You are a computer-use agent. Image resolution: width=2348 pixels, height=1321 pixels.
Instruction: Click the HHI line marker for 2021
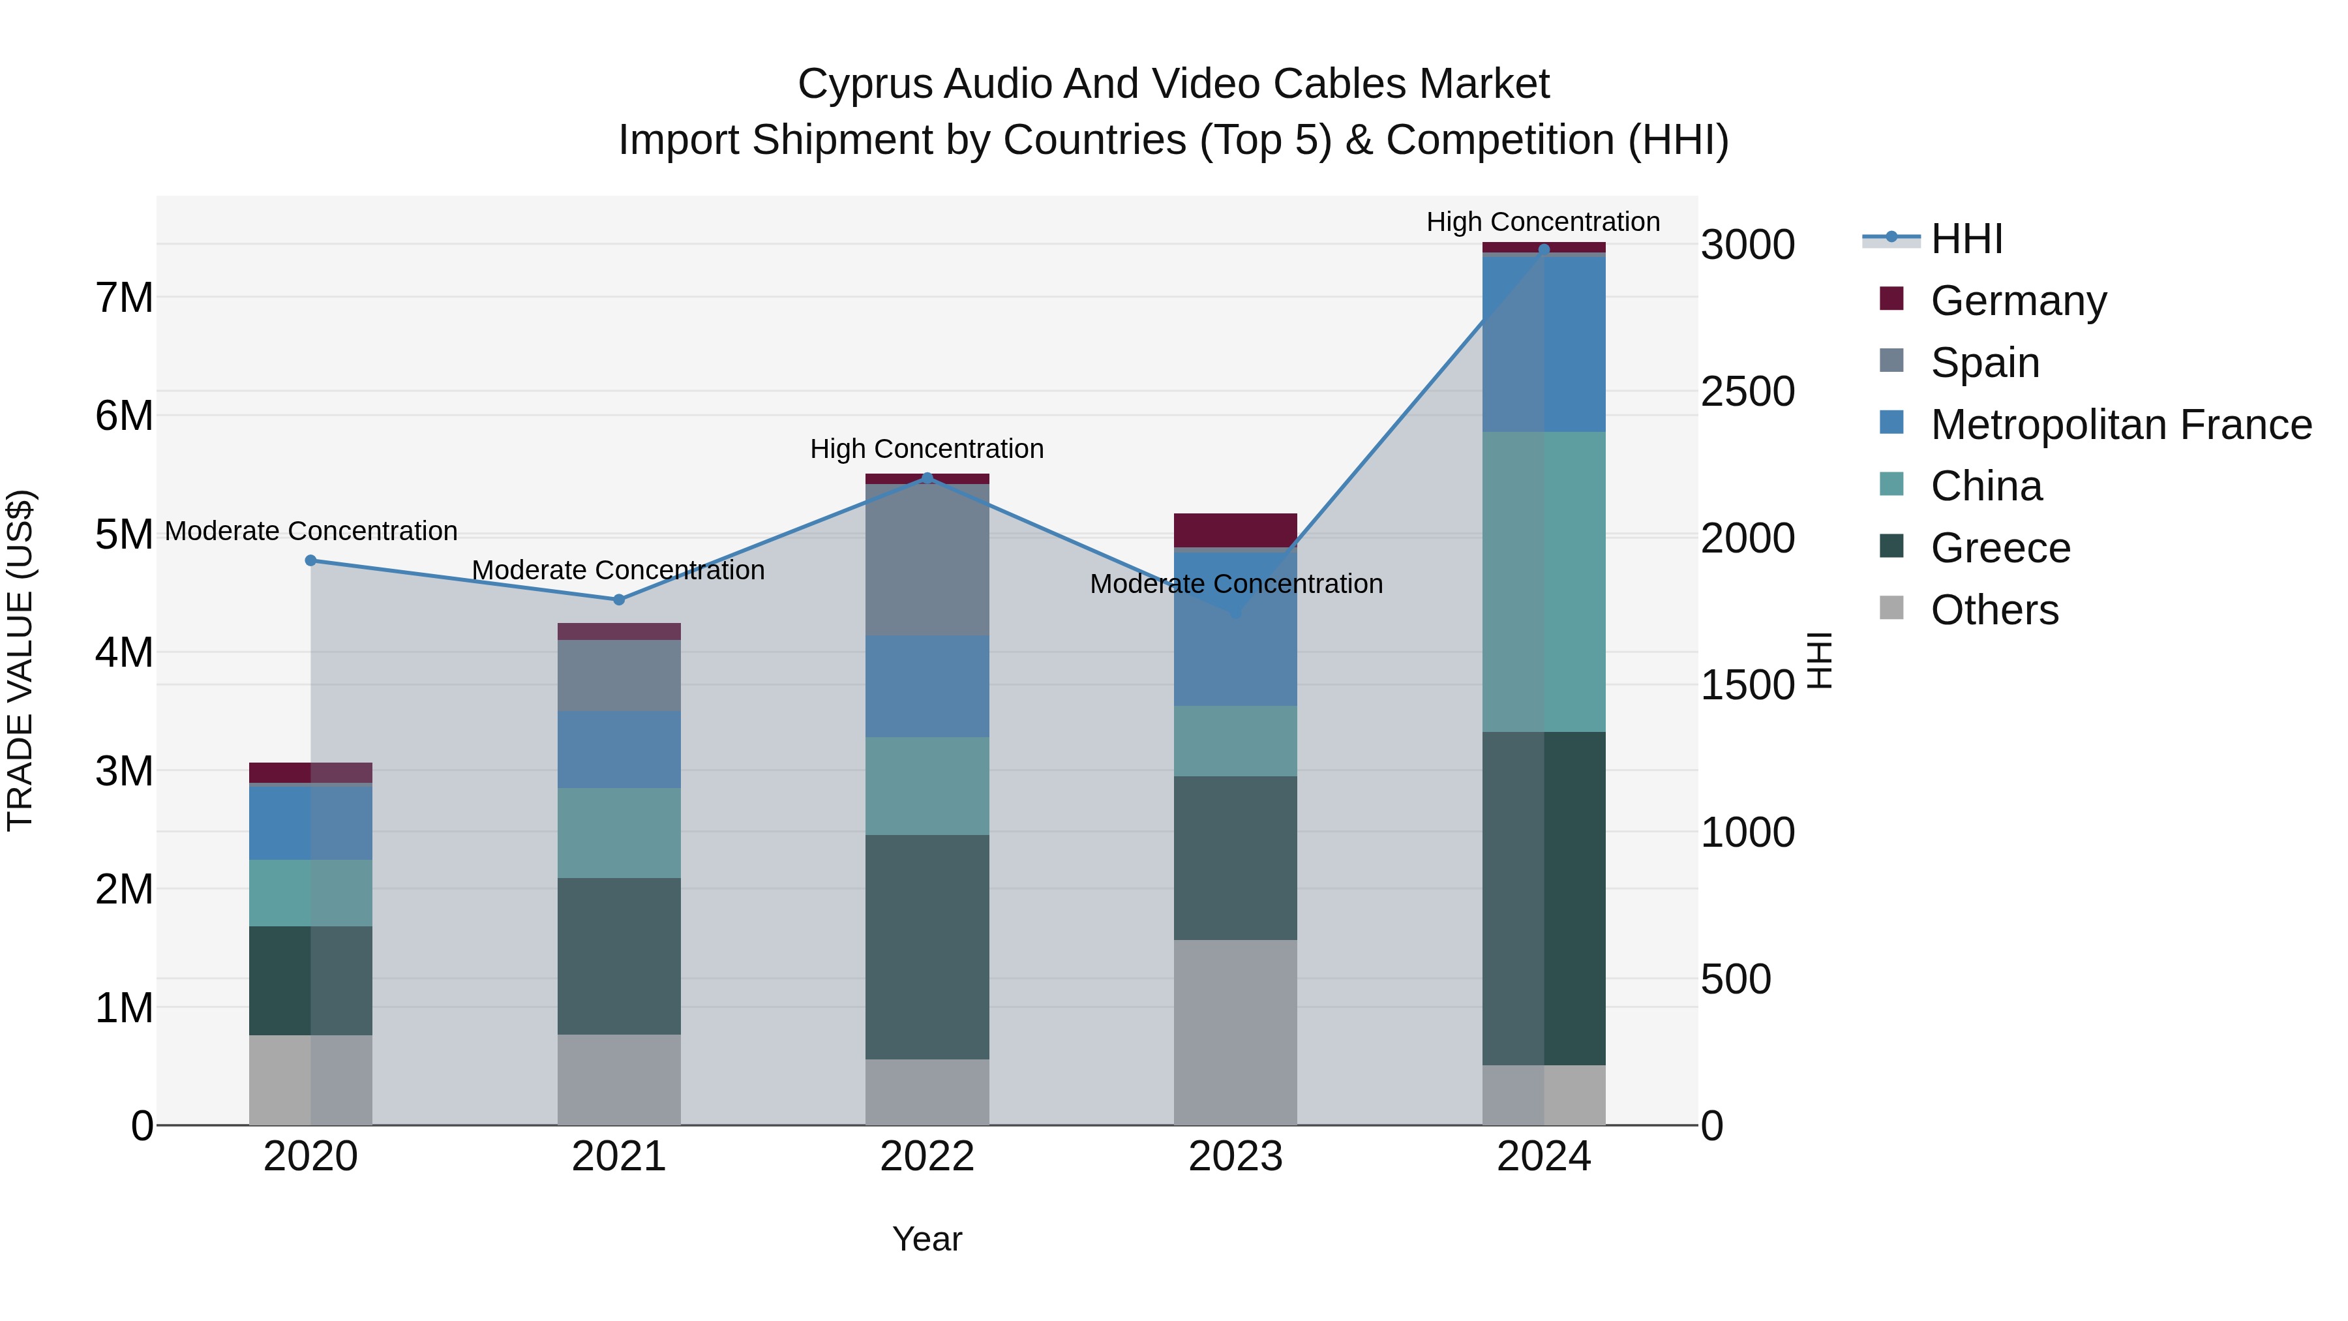pyautogui.click(x=619, y=600)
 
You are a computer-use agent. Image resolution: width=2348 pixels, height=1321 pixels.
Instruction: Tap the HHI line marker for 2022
pyautogui.click(x=927, y=478)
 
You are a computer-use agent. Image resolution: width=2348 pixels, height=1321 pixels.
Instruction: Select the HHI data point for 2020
pyautogui.click(x=311, y=560)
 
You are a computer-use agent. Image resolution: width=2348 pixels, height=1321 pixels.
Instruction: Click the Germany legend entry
pyautogui.click(x=2017, y=300)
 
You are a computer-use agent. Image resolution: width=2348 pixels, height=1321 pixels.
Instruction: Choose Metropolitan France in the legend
pyautogui.click(x=2120, y=424)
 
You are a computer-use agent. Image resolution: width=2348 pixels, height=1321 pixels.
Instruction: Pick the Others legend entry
pyautogui.click(x=1993, y=609)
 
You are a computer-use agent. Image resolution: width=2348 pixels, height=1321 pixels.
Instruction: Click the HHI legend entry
pyautogui.click(x=1965, y=239)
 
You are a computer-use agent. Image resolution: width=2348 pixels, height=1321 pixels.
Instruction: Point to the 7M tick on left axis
pyautogui.click(x=125, y=298)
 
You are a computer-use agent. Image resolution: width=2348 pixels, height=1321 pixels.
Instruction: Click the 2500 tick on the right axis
pyautogui.click(x=1747, y=392)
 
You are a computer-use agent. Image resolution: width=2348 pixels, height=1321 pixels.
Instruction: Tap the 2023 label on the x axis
pyautogui.click(x=1235, y=1157)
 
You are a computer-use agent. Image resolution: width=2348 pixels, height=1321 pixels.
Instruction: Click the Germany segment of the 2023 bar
pyautogui.click(x=1235, y=530)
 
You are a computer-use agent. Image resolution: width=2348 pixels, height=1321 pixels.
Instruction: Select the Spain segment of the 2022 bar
pyautogui.click(x=927, y=560)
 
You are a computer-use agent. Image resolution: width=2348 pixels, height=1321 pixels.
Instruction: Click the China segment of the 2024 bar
pyautogui.click(x=1543, y=582)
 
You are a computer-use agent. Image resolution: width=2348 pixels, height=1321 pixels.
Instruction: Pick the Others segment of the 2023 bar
pyautogui.click(x=1235, y=1032)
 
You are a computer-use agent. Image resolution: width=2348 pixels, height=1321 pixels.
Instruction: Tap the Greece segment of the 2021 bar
pyautogui.click(x=619, y=956)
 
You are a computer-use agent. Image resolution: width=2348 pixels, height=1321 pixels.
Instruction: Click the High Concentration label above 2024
pyautogui.click(x=1543, y=222)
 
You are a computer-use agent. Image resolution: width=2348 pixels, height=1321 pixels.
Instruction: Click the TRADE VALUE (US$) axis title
pyautogui.click(x=20, y=660)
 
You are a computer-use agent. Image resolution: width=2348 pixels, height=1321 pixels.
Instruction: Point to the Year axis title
pyautogui.click(x=927, y=1239)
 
